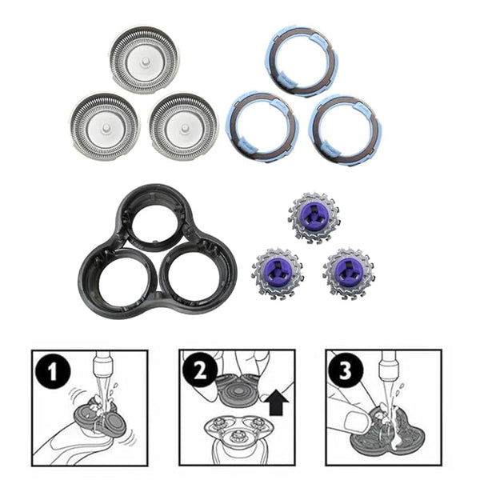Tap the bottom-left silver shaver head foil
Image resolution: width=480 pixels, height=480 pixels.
coord(105,127)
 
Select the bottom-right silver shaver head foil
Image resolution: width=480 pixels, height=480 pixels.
coord(184,127)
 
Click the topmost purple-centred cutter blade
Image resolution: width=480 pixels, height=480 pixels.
coord(314,217)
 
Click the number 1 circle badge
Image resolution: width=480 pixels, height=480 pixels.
coord(53,371)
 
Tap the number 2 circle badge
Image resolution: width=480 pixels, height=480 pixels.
coord(200,370)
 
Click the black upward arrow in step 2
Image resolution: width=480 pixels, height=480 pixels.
coord(278,403)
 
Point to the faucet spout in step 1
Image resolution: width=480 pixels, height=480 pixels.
coord(102,366)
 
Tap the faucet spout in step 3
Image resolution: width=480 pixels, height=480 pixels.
coord(387,366)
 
